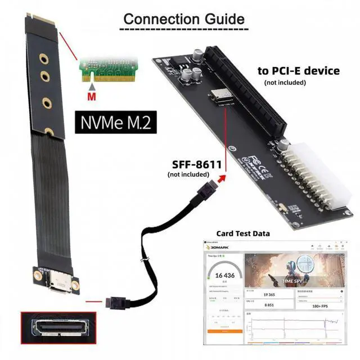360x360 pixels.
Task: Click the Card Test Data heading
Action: [x=243, y=233]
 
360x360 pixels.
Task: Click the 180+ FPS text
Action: [x=320, y=307]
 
